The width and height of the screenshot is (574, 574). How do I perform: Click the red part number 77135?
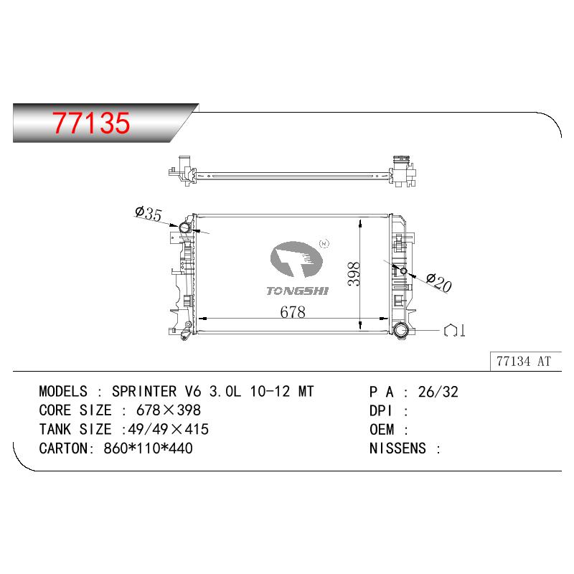pyautogui.click(x=91, y=123)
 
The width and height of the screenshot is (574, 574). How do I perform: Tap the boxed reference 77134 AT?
pyautogui.click(x=524, y=362)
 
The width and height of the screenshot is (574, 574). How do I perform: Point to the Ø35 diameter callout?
pyautogui.click(x=149, y=213)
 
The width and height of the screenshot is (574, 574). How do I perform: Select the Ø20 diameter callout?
pyautogui.click(x=439, y=283)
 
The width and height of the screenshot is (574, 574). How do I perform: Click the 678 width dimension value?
pyautogui.click(x=293, y=312)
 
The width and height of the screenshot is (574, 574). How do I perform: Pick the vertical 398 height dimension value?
pyautogui.click(x=354, y=274)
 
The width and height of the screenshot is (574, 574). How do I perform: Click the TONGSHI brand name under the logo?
pyautogui.click(x=297, y=291)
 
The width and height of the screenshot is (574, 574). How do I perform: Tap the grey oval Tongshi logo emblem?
pyautogui.click(x=297, y=259)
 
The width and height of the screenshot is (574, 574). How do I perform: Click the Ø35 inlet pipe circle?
pyautogui.click(x=184, y=228)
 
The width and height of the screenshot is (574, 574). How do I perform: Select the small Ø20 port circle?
pyautogui.click(x=403, y=271)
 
